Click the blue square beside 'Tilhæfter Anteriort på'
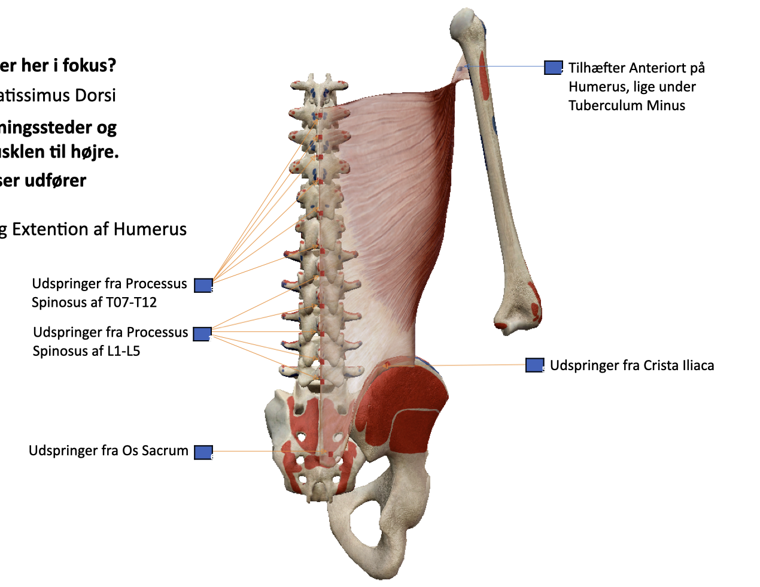(553, 68)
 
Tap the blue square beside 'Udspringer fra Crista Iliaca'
(534, 365)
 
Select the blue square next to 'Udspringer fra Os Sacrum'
(203, 452)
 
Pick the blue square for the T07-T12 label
(203, 285)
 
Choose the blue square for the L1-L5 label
(202, 334)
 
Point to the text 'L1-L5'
(124, 351)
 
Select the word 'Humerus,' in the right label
(595, 87)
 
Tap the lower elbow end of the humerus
(517, 317)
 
